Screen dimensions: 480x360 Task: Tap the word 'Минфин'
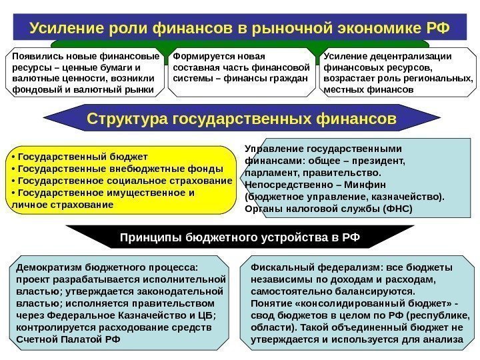click(360, 185)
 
